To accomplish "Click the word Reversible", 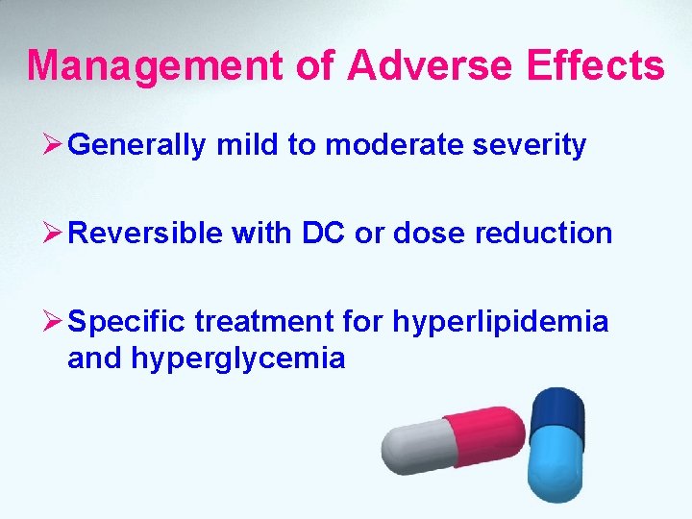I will click(x=145, y=233).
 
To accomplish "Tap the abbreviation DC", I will click(x=333, y=233).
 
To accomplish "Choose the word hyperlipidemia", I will click(x=500, y=321).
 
